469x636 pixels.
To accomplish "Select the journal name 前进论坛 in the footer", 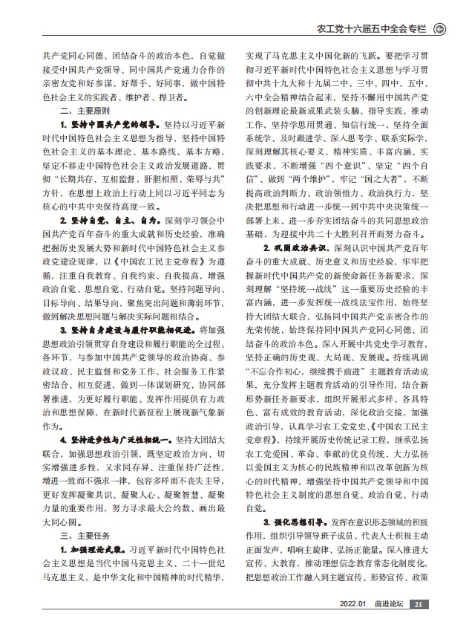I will pyautogui.click(x=387, y=605).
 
